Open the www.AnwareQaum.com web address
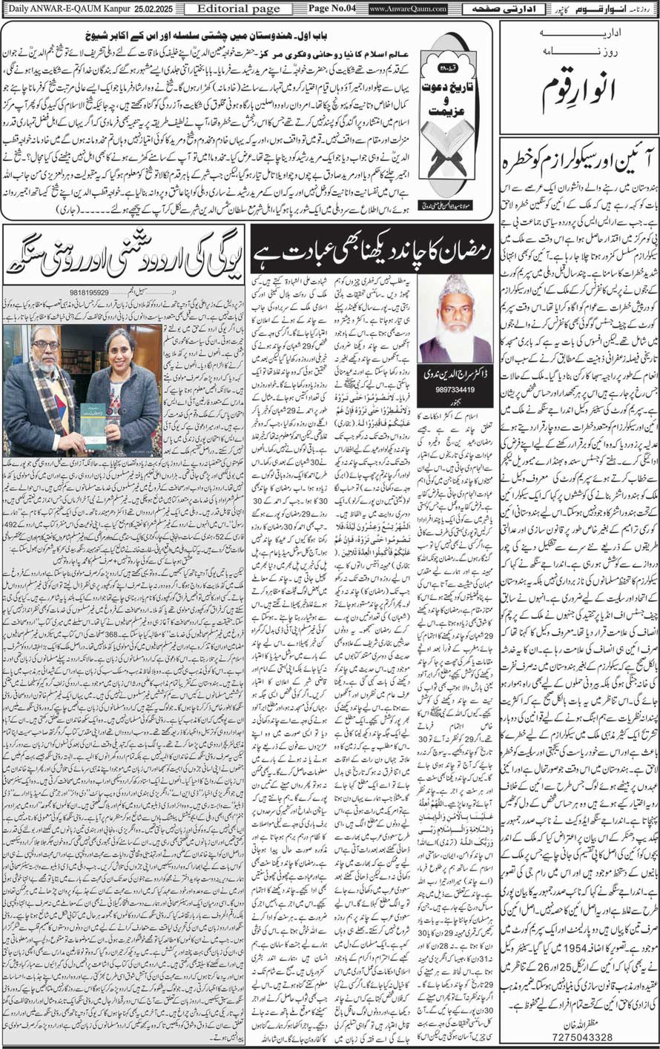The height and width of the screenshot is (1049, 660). point(408,9)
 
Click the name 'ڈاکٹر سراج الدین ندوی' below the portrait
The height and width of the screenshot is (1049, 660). point(455,380)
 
